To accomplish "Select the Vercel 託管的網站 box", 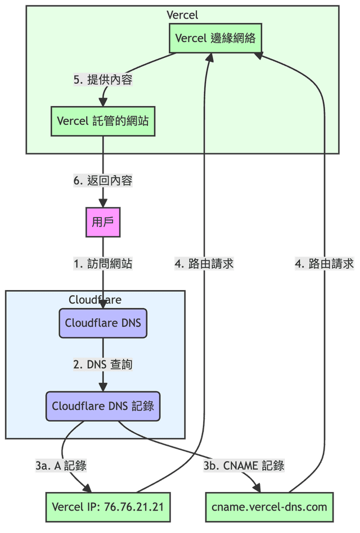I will (x=103, y=121).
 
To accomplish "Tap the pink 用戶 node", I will (x=103, y=222).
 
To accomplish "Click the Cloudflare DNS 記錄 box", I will (x=103, y=406).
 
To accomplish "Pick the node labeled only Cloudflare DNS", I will (x=103, y=323).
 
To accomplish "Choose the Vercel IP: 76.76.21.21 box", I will (x=107, y=507).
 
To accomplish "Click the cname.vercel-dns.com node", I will (x=269, y=507).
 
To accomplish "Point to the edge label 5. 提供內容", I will (x=103, y=79).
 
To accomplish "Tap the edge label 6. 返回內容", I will (x=103, y=180).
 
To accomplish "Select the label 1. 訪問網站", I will (x=103, y=264).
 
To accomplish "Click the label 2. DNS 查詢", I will (x=103, y=364).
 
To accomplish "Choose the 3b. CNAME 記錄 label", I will (x=244, y=466).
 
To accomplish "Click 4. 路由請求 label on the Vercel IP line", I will (x=204, y=264).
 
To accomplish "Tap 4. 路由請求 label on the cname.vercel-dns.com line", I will (x=325, y=264).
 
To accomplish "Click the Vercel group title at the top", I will (x=182, y=15).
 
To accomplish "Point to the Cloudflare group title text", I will (x=95, y=299).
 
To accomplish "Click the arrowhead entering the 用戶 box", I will (x=103, y=203).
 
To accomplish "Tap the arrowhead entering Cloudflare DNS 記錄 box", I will (x=103, y=387).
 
